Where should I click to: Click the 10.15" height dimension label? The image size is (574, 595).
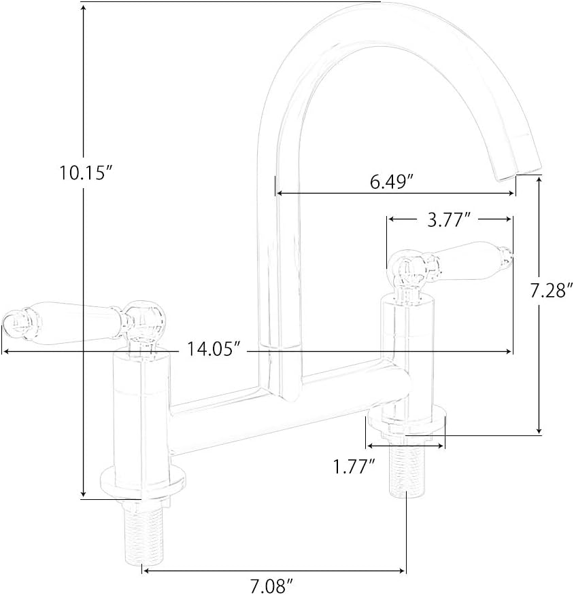point(85,173)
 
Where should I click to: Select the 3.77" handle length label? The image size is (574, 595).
point(450,220)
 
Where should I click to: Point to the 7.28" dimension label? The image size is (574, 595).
point(552,291)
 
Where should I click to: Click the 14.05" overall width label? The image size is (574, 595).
point(214,350)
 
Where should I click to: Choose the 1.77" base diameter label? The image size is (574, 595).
point(354,467)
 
